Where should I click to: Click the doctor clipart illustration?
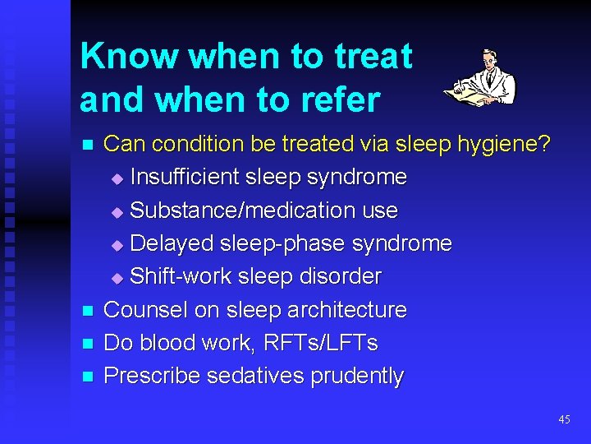[482, 78]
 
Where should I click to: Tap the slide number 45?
[564, 419]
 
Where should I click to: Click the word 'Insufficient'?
[185, 178]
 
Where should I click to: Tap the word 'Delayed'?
[171, 243]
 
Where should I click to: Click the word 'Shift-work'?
[181, 277]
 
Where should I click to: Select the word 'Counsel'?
[145, 310]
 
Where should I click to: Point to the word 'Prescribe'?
[153, 376]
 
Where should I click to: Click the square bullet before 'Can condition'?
[88, 146]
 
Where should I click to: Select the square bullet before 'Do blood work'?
[88, 344]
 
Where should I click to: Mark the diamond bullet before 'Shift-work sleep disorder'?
[116, 278]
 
